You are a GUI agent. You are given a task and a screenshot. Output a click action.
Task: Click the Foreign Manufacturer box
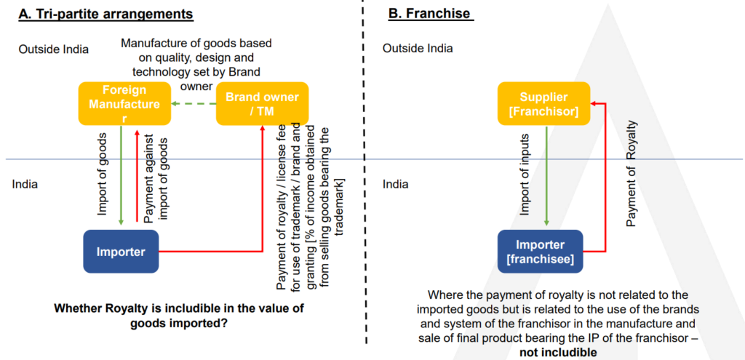click(119, 103)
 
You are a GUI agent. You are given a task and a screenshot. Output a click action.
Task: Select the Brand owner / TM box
click(262, 103)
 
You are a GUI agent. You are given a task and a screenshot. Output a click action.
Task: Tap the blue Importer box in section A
click(121, 252)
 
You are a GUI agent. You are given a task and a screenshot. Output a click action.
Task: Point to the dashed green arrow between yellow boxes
click(193, 103)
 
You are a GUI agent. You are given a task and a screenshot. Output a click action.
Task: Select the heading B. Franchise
click(429, 14)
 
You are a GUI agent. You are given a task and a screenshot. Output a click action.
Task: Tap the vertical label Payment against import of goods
click(155, 179)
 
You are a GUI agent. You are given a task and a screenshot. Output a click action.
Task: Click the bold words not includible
click(558, 352)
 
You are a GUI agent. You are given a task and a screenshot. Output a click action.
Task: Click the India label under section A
click(25, 184)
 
